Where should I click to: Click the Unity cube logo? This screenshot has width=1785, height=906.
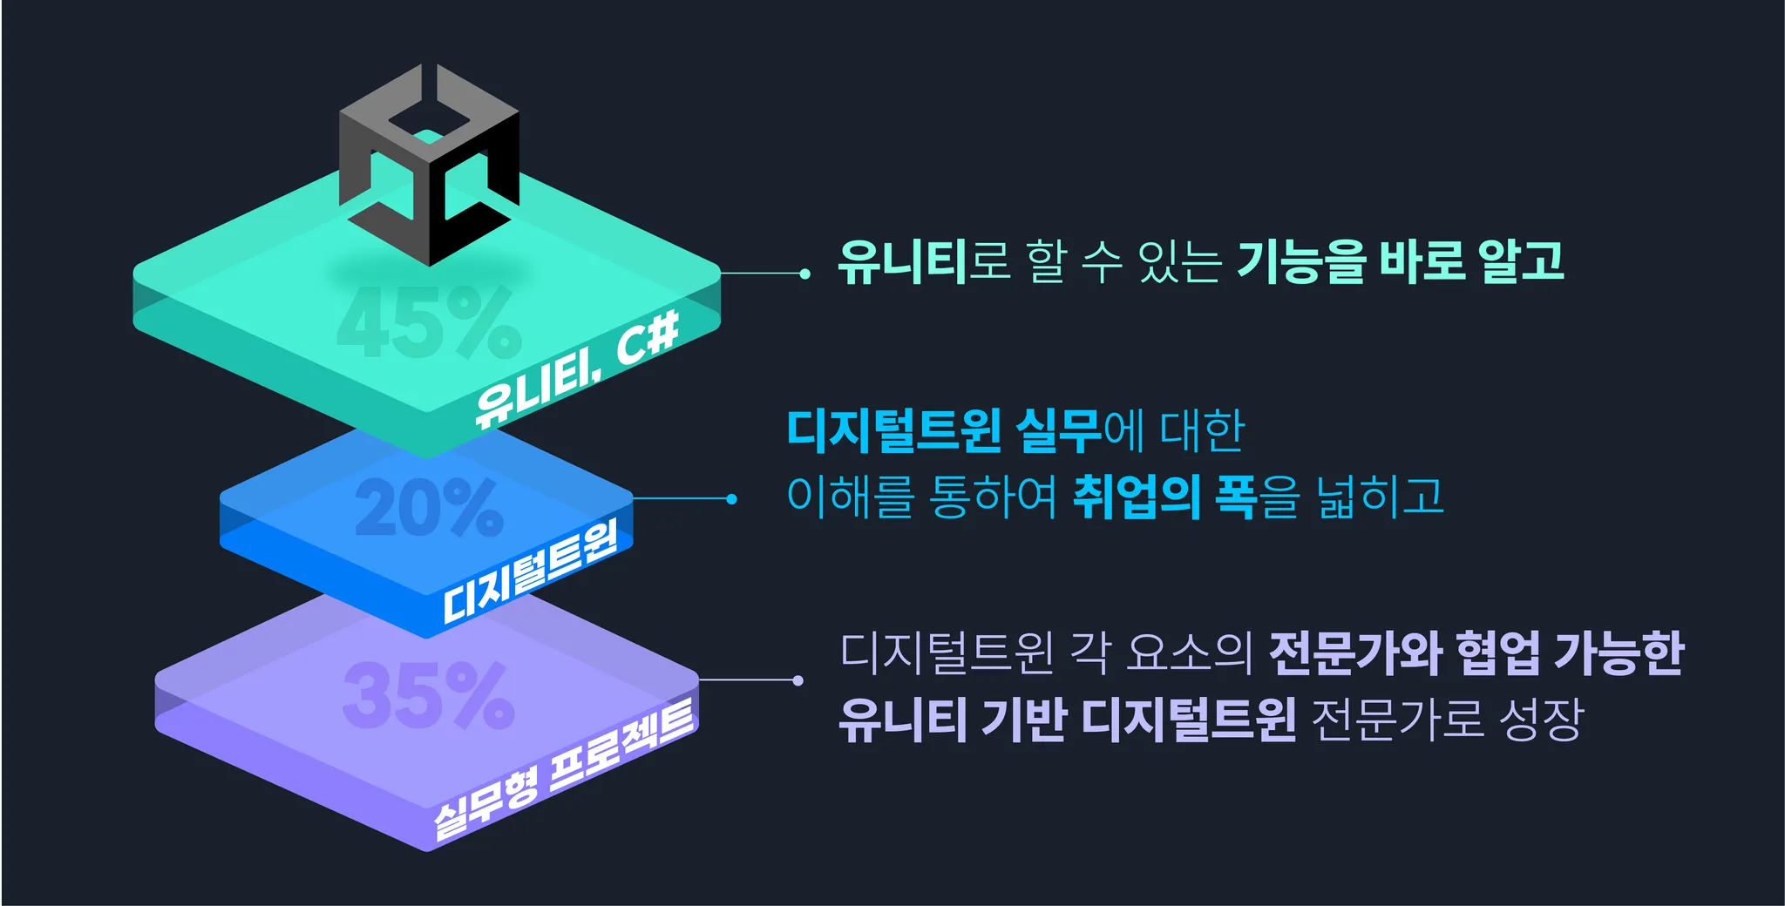click(429, 166)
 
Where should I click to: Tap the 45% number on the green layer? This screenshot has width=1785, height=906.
click(429, 323)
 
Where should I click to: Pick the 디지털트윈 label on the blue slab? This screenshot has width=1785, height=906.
click(530, 571)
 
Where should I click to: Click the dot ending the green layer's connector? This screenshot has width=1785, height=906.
click(804, 274)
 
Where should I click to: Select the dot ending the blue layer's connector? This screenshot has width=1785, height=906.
click(731, 499)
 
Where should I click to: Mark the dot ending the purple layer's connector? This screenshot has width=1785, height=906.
click(797, 680)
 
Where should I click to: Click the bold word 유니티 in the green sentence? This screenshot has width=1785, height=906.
click(903, 261)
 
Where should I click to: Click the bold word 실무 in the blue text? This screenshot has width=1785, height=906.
click(1059, 430)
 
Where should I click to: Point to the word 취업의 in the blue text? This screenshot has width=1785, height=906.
click(1136, 497)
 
